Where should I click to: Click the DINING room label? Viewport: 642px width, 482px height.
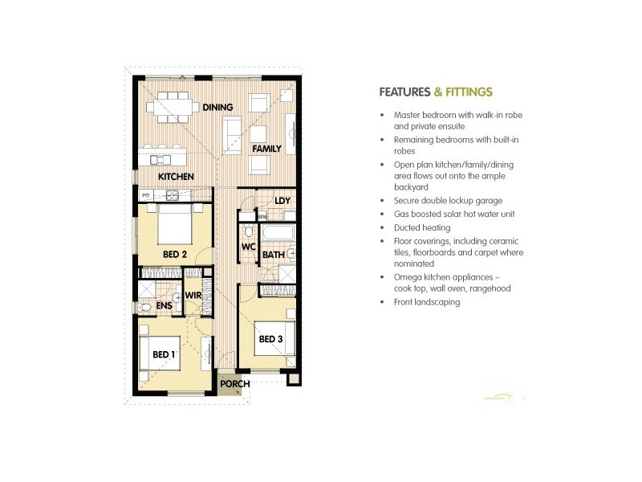point(217,107)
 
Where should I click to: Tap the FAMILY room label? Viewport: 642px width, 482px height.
point(266,149)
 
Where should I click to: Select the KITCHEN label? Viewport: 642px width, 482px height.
point(175,176)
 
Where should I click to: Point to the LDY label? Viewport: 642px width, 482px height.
point(281,201)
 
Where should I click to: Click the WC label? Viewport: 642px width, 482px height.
point(248,247)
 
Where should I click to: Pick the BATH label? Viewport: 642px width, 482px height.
point(273,255)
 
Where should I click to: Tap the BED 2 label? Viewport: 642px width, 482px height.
point(174,255)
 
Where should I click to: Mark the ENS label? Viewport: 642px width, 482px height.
point(164,306)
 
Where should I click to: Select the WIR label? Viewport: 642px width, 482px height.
point(193,296)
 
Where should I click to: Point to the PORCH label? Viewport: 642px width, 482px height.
point(235,384)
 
